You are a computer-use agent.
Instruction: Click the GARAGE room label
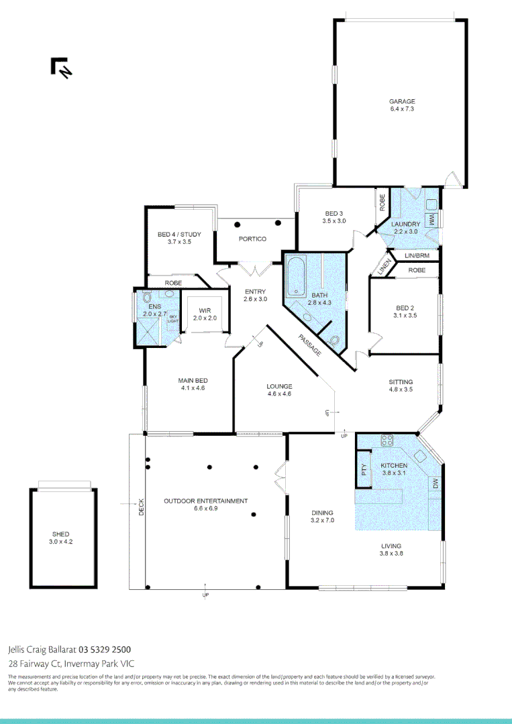(x=402, y=102)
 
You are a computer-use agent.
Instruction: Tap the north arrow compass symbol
(x=61, y=68)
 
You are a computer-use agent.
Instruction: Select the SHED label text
(x=60, y=534)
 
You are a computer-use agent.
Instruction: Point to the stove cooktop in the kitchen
(x=387, y=441)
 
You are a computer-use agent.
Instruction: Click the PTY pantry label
(x=364, y=470)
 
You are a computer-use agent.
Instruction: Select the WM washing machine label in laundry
(x=433, y=219)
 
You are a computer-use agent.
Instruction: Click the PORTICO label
(x=252, y=239)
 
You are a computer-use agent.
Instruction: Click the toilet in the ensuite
(x=147, y=298)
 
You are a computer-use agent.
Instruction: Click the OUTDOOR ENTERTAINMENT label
(x=206, y=501)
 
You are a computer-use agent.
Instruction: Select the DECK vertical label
(x=142, y=507)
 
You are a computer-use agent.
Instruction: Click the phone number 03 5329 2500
(x=105, y=649)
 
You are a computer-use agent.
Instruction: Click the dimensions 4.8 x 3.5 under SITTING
(x=401, y=389)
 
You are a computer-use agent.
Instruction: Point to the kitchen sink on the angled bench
(x=420, y=455)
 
